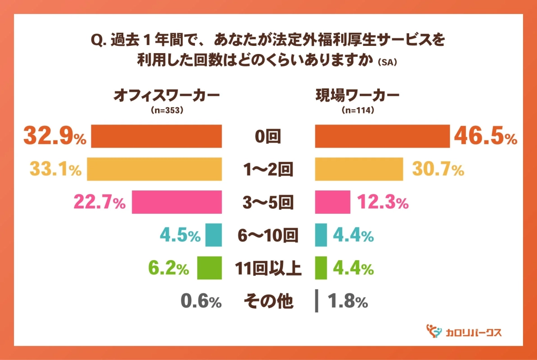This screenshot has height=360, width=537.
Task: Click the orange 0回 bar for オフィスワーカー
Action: point(157,136)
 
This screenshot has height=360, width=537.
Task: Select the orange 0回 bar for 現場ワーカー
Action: point(382,136)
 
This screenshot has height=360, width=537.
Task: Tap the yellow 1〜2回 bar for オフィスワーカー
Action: point(154,169)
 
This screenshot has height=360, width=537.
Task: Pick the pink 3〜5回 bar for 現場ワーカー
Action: point(332,202)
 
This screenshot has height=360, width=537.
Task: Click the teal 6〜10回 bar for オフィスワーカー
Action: point(214,235)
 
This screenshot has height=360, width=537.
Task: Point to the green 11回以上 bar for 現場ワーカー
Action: point(320,268)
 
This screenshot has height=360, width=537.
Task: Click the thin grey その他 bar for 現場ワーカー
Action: point(316,301)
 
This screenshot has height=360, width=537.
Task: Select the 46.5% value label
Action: point(485,137)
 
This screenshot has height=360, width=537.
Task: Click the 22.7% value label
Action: point(99,202)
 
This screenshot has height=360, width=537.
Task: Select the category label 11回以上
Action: point(268,269)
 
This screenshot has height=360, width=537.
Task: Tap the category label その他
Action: point(268,301)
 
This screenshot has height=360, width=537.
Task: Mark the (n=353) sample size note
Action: point(167,110)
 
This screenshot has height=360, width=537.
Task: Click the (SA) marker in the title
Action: point(388,63)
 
